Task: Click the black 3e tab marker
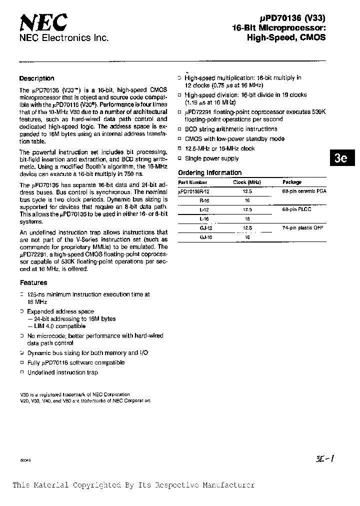[x=341, y=158]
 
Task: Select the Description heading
[x=36, y=78]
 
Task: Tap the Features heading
[x=33, y=282]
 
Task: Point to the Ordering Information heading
[x=210, y=173]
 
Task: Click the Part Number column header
[x=192, y=182]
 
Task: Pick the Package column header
[x=292, y=182]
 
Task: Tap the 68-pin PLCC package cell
[x=297, y=209]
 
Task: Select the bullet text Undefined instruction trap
[x=62, y=372]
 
